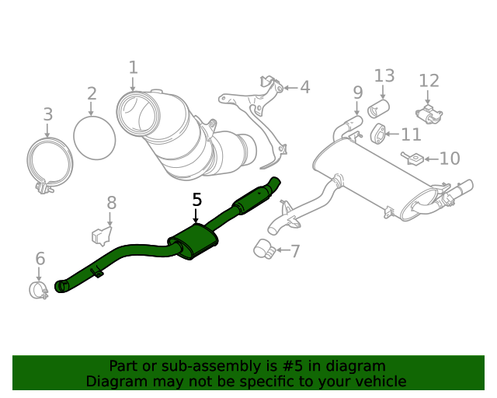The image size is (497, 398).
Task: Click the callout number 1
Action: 133,68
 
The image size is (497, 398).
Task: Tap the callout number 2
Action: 92,94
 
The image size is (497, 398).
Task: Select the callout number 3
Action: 48,114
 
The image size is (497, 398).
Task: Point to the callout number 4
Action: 304,87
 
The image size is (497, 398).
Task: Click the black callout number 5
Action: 196,200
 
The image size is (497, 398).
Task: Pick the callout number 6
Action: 40,259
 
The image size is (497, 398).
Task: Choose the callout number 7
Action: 294,250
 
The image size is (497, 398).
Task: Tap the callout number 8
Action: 112,203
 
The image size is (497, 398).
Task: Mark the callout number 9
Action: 357,93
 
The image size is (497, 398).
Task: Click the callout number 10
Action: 450,159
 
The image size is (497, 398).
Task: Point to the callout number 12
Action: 429,81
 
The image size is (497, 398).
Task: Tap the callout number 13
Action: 384,75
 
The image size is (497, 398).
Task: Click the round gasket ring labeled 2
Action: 94,138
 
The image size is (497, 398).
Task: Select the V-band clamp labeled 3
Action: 50,164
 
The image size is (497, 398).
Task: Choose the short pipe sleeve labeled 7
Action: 263,248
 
